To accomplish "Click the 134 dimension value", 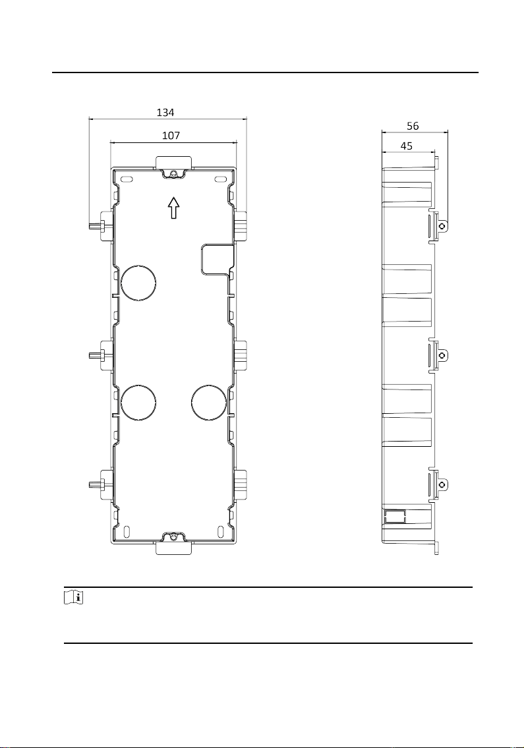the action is (x=165, y=113).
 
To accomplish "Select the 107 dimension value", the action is (x=171, y=136).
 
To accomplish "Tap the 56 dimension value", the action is (x=413, y=126).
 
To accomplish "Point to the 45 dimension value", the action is (x=407, y=146).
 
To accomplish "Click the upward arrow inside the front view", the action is (x=174, y=208).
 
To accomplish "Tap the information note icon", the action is (x=74, y=598).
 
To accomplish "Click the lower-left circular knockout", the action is (x=139, y=402).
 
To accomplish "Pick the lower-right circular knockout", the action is (x=209, y=402).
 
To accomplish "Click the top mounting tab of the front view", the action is (x=174, y=163).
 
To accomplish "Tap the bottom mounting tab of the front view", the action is (x=174, y=548).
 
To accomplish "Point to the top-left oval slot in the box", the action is (x=127, y=180).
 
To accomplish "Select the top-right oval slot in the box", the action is (x=221, y=180).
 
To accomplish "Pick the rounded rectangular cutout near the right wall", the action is (x=217, y=260).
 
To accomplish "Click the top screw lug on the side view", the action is (x=442, y=225).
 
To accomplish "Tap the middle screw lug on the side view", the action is (x=442, y=355).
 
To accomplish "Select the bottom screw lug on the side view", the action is (x=442, y=485).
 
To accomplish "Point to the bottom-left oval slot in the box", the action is (x=127, y=532).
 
